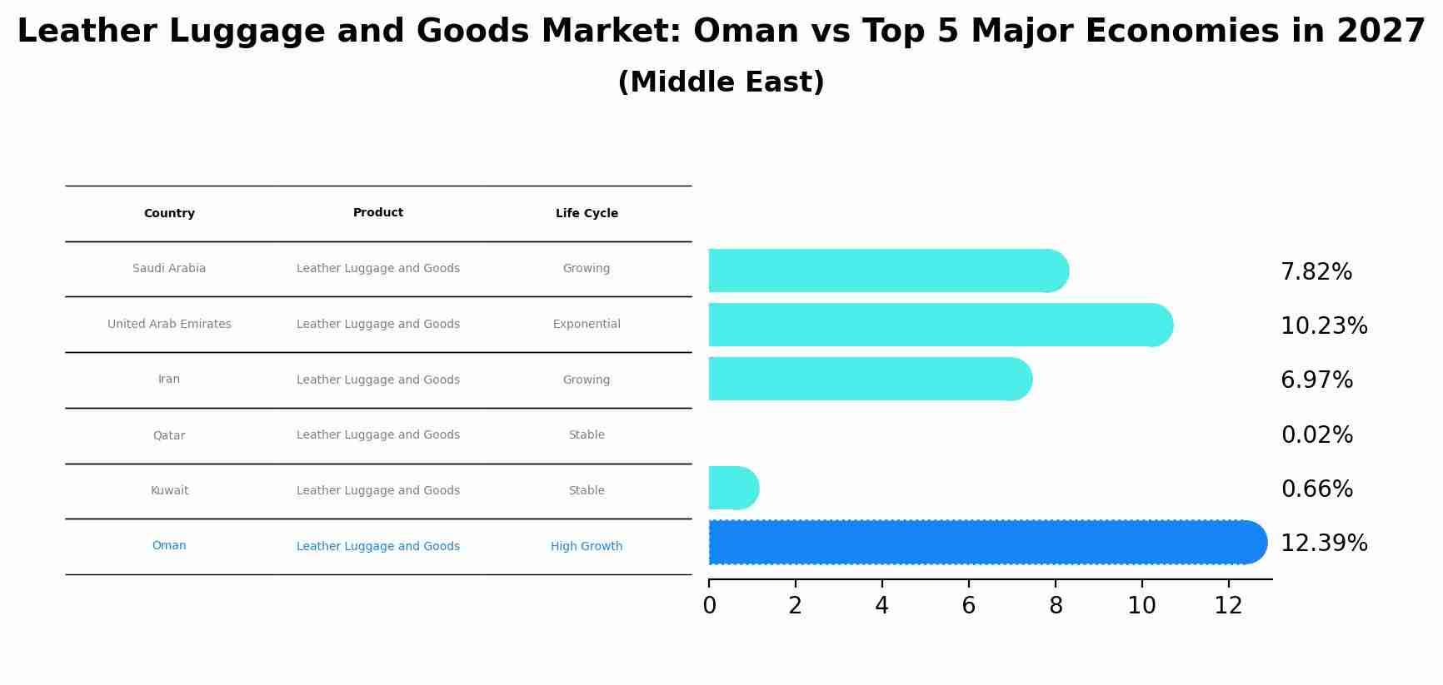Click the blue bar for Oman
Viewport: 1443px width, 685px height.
coord(983,543)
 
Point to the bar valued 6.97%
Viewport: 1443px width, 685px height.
coord(866,379)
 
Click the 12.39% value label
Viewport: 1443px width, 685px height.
coord(1323,544)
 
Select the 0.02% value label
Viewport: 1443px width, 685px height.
coord(1316,435)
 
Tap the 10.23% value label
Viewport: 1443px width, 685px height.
coord(1323,326)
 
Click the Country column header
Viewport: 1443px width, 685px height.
coord(169,214)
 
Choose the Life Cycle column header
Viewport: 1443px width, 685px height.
coord(587,214)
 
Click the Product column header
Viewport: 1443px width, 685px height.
coord(377,213)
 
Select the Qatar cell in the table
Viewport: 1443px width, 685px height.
coord(169,435)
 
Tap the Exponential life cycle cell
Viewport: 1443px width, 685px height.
coord(587,325)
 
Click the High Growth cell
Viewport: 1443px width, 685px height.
coord(587,547)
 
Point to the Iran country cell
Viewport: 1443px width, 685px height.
coord(169,380)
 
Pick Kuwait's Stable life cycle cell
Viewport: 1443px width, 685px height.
coord(587,491)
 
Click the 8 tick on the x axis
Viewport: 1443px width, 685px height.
coord(1056,606)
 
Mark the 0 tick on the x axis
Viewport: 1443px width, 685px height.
coord(709,606)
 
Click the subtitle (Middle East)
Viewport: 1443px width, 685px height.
coord(721,82)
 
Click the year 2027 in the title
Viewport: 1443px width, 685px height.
coord(1381,32)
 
